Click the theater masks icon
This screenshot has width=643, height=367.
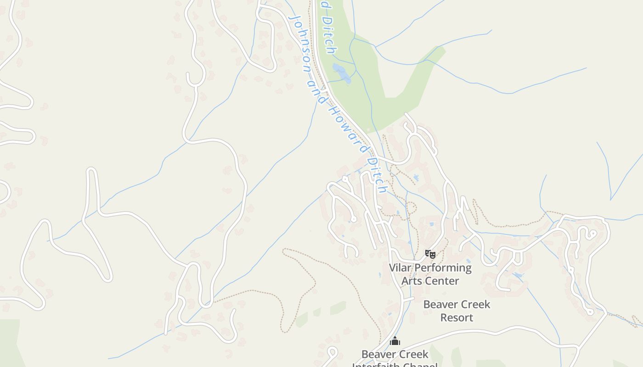click(430, 254)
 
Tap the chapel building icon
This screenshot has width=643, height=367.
click(395, 341)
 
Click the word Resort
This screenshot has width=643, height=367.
click(457, 317)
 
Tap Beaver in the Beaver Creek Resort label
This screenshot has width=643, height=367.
click(439, 305)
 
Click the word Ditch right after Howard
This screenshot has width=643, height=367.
click(378, 174)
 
